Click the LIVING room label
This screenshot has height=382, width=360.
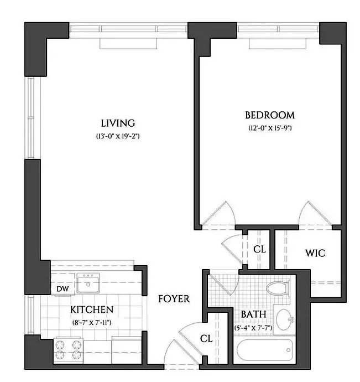coord(118,122)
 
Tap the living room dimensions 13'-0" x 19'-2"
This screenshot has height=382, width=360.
coord(118,136)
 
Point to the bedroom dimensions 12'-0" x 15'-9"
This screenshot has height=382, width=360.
coord(269,128)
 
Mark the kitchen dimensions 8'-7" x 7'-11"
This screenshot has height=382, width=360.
coord(92,321)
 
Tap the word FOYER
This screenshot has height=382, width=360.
coord(174,299)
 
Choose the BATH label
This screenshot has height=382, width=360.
coord(253,314)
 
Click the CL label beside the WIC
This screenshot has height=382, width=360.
coord(259,249)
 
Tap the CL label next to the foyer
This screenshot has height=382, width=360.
coord(206,338)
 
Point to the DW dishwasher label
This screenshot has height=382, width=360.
coord(61,288)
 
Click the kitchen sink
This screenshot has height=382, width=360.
coord(87,283)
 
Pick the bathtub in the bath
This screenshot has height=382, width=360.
coord(262,352)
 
